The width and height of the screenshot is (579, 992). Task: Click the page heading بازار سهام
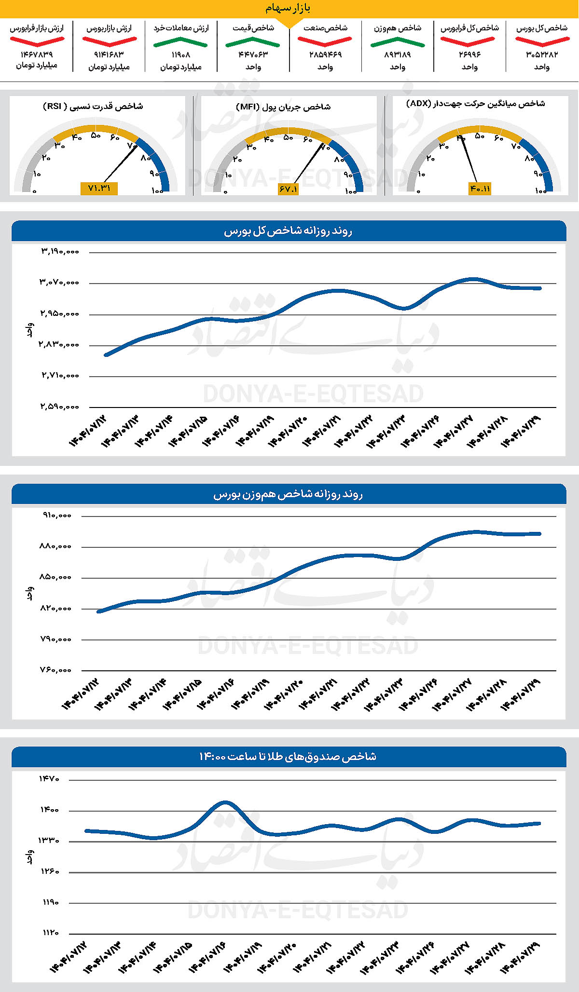pos(288,8)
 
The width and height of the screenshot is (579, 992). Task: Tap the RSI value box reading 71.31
pos(99,188)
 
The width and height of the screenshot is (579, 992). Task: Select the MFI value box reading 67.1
pos(288,189)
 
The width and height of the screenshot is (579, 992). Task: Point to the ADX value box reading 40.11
pos(480,189)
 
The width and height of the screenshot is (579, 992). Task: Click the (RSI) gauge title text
pos(93,106)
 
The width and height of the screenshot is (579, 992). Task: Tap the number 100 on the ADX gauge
pos(540,191)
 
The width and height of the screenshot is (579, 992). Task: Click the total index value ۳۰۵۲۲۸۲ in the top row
pos(542,55)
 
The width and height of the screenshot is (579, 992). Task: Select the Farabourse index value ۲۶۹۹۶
pos(469,55)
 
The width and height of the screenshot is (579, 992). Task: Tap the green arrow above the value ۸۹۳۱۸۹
pos(398,43)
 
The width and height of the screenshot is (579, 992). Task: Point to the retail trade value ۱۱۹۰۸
pos(181,55)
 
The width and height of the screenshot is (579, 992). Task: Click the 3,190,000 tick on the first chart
pos(59,251)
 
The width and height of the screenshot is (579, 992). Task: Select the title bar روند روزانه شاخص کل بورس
pos(289,231)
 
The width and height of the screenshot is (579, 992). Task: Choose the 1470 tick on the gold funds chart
pos(49,779)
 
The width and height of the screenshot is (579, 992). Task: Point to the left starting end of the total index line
pos(106,354)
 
